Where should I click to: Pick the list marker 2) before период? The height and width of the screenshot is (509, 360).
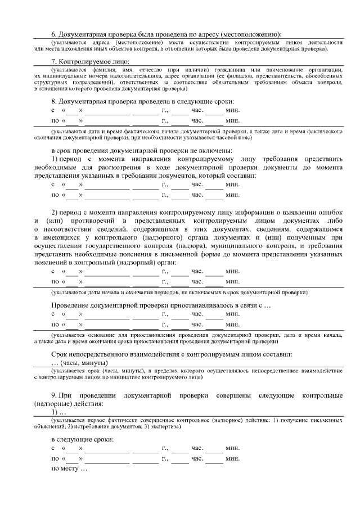click(55, 213)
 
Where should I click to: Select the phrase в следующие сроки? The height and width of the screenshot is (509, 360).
click(82, 439)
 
